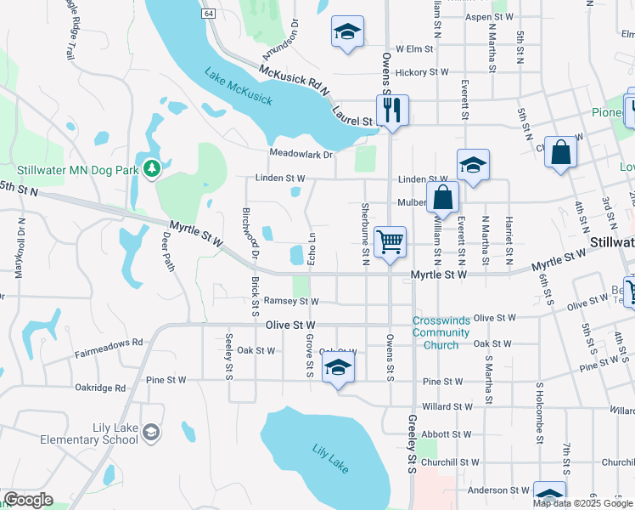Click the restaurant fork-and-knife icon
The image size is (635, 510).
tap(392, 110)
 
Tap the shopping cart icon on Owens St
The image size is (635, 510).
tap(390, 241)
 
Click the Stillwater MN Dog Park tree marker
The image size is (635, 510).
tap(152, 169)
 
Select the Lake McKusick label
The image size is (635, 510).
tap(239, 88)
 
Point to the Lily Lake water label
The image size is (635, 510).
tap(330, 458)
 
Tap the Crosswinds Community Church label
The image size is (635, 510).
tap(447, 332)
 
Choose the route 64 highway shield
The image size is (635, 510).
tap(209, 14)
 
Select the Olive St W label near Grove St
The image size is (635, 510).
tap(290, 326)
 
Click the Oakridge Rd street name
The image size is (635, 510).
tap(99, 388)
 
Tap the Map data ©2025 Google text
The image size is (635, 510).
tap(583, 503)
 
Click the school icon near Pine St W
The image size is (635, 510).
tap(339, 366)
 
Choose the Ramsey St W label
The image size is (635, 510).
tap(290, 301)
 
